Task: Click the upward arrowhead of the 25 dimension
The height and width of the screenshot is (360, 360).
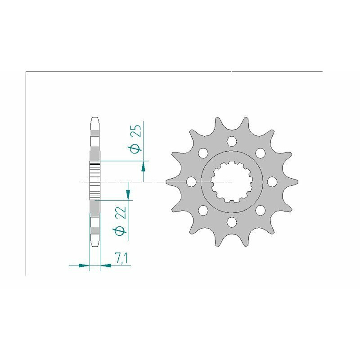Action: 143,166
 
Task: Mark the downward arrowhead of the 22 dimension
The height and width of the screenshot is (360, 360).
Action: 129,194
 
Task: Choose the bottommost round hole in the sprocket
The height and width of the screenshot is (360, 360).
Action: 232,222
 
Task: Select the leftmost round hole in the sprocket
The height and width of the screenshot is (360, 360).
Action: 191,182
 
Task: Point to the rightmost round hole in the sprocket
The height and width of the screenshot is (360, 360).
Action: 272,182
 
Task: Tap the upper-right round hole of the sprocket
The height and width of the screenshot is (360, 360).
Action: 260,153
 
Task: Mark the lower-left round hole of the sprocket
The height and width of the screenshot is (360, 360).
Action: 203,210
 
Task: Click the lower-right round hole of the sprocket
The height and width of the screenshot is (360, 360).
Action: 260,210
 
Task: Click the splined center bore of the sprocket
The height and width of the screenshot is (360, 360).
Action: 232,182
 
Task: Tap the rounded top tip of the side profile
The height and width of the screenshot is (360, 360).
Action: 94,120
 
